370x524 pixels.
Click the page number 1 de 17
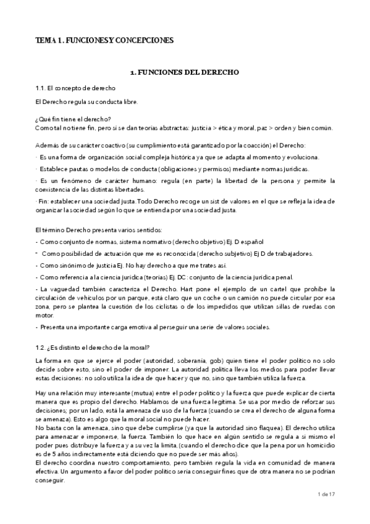(x=324, y=512)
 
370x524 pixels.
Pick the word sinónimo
(x=67, y=265)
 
